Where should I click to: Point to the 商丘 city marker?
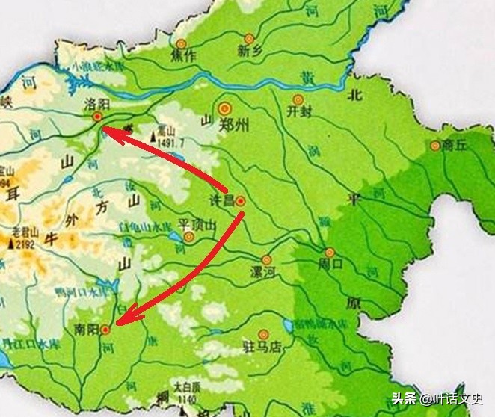click(434, 146)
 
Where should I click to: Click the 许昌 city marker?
click(240, 200)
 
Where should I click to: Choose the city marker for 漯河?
click(266, 259)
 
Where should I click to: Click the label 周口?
click(329, 265)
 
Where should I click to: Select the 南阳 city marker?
click(106, 328)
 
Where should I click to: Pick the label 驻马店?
click(262, 347)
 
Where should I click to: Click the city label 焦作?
click(182, 55)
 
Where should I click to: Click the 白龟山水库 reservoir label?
click(147, 226)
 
